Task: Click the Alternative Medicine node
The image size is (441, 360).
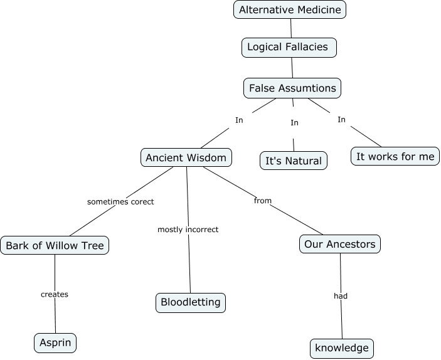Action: point(290,9)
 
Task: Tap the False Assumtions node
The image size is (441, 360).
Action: point(292,88)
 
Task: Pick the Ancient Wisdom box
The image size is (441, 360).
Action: point(186,157)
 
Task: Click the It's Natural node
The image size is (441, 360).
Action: point(294,161)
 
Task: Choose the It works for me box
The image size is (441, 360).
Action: point(395,156)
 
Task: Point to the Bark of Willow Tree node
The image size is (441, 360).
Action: point(55,245)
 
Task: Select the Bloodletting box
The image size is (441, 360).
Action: point(190,302)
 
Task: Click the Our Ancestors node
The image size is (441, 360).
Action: point(340,244)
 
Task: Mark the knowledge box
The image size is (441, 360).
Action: point(343,348)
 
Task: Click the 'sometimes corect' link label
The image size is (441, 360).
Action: point(120,202)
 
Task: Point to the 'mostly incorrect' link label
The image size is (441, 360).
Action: point(188,230)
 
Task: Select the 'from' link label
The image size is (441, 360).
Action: point(263,201)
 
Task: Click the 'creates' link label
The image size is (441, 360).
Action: point(55,294)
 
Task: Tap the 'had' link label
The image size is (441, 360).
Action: point(341,296)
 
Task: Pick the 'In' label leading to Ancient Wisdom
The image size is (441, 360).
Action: point(239,120)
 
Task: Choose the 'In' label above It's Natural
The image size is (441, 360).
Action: point(294,123)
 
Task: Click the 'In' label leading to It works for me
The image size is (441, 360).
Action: point(341,120)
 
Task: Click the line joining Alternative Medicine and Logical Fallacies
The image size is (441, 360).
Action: point(291,28)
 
